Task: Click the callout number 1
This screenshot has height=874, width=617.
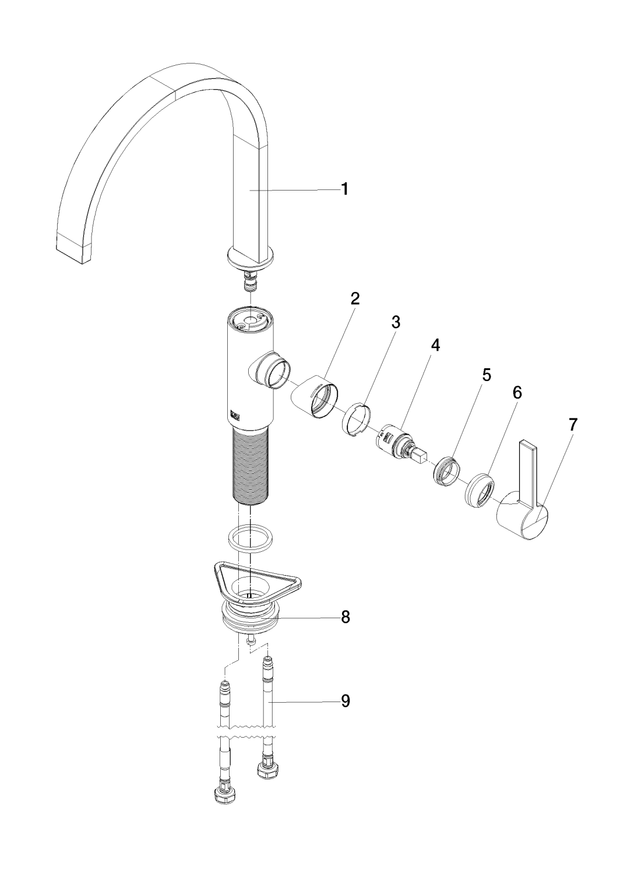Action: [x=344, y=189]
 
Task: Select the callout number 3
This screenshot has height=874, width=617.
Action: [x=396, y=322]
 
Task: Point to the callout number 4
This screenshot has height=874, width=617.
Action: [x=435, y=344]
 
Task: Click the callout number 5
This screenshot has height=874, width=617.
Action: [x=486, y=375]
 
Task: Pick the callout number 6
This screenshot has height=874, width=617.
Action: [x=517, y=393]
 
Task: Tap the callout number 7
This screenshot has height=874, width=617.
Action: [x=572, y=425]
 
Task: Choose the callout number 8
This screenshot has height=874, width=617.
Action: [x=345, y=617]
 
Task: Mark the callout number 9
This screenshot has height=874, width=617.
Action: [x=345, y=701]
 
